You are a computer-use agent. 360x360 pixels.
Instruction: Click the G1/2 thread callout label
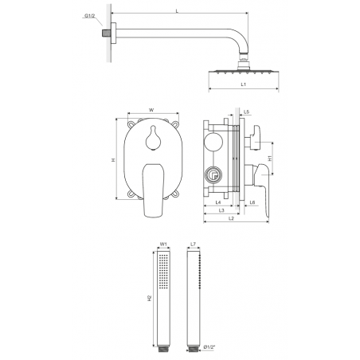coord(89,16)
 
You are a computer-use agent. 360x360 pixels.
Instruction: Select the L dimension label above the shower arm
coord(177,11)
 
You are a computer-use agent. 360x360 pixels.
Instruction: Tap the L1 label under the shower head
coord(244,84)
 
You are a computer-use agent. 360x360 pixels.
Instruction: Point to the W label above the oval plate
coord(151,110)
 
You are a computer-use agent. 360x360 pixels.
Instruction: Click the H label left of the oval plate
coord(113,159)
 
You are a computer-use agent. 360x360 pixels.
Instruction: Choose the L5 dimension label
coord(247,112)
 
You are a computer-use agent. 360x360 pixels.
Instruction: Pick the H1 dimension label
coord(270,158)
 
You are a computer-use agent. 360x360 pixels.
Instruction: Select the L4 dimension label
coord(218,202)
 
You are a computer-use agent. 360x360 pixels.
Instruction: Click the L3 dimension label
coord(221,210)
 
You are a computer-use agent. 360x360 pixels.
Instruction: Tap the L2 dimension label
coord(231,218)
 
